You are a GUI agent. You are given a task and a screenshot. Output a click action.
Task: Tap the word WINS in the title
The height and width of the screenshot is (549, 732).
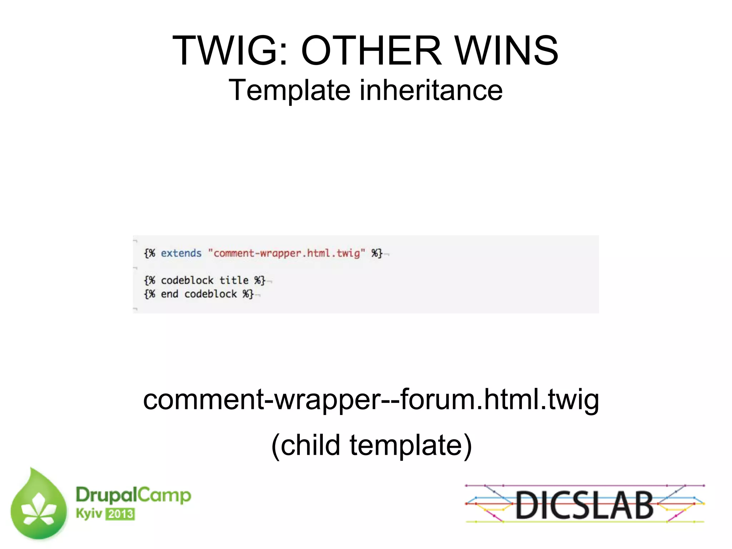(x=506, y=51)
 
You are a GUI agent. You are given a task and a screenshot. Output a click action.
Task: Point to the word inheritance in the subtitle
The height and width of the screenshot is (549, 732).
(x=431, y=90)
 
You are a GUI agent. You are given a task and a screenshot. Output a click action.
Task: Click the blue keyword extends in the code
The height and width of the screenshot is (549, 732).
(x=181, y=253)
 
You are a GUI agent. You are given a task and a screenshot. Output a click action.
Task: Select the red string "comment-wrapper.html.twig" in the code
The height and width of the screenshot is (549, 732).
(x=287, y=253)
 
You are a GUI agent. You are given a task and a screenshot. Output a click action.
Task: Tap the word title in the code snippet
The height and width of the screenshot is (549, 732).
(x=234, y=280)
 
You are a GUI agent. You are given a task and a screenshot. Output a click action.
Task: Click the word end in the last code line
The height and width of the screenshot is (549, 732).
(x=169, y=294)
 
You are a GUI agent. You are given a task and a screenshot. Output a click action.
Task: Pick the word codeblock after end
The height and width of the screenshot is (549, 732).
(x=211, y=294)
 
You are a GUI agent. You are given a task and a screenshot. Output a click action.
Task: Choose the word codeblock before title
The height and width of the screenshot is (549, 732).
(x=187, y=280)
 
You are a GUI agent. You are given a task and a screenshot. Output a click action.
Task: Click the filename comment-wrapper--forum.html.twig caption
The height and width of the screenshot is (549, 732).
(x=371, y=400)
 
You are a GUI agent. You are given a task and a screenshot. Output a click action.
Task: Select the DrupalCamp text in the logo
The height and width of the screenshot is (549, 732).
(x=133, y=495)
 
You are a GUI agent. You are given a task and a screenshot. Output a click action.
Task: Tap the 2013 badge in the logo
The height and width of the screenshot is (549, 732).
(x=120, y=514)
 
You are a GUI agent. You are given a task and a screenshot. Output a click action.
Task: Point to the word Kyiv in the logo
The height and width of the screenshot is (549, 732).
(x=89, y=513)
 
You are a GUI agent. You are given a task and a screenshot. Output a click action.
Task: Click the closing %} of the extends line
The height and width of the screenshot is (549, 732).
(x=377, y=253)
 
